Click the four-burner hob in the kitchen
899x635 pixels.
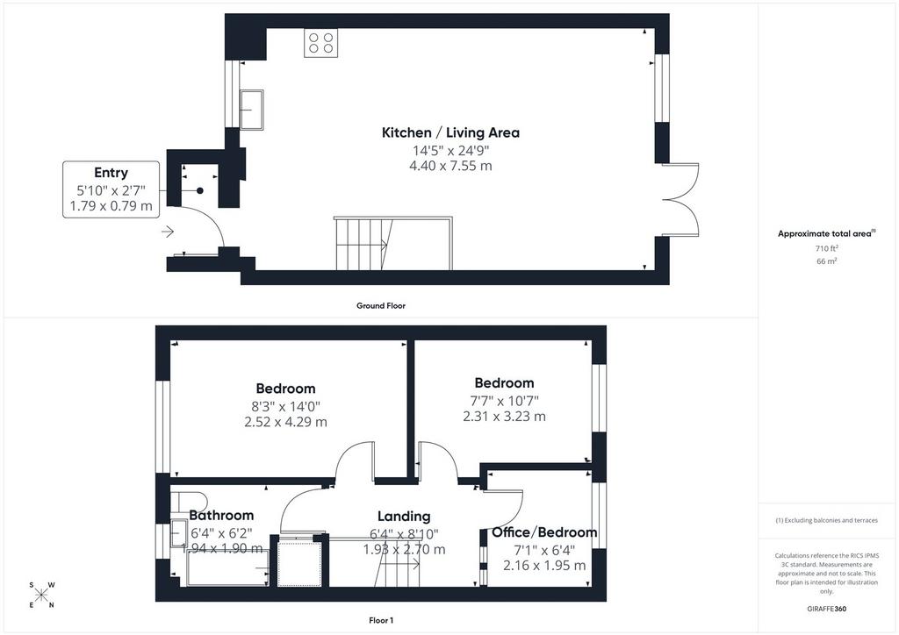tap(321, 43)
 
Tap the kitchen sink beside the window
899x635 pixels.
tap(251, 110)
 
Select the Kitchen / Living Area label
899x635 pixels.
tap(450, 132)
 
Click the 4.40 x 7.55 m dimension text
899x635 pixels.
tap(450, 166)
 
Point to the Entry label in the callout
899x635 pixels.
tap(111, 173)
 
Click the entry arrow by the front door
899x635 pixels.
tap(168, 232)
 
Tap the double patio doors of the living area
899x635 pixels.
tap(680, 199)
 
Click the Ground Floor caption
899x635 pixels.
tap(381, 306)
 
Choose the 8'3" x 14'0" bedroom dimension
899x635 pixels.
tap(285, 407)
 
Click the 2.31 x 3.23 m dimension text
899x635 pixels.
tap(505, 417)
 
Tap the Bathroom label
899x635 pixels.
tap(221, 516)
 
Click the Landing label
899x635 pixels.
tap(404, 517)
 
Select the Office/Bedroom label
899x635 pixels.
tap(544, 532)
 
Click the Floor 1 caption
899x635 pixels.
tap(381, 620)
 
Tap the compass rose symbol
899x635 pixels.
tap(41, 595)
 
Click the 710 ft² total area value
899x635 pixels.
tap(826, 248)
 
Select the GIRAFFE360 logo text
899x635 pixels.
tap(826, 609)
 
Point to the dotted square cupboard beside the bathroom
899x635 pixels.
tap(298, 563)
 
